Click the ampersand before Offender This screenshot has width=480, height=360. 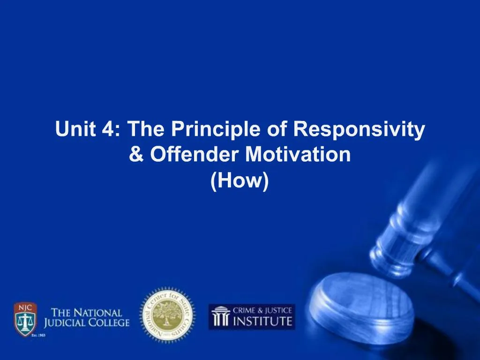[x=136, y=155]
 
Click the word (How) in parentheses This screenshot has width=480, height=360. [x=240, y=180]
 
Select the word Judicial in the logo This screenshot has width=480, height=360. [x=71, y=323]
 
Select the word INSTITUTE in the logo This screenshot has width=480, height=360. [x=262, y=322]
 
